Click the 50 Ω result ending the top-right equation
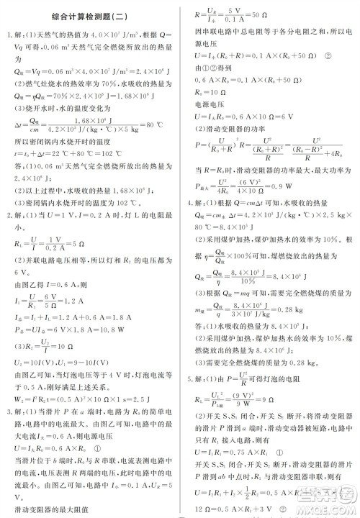click(x=261, y=15)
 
